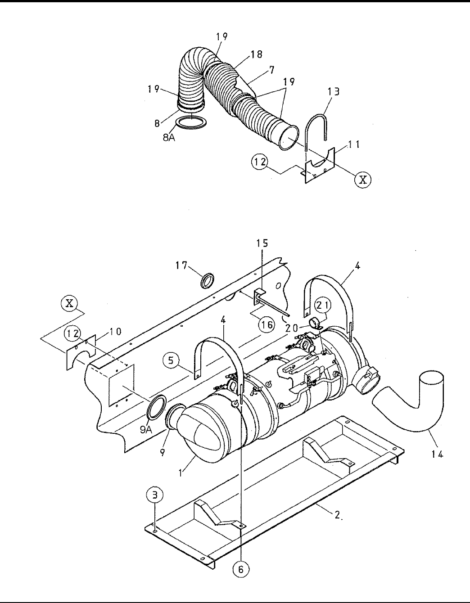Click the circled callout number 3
click(x=155, y=495)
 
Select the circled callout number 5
click(x=171, y=360)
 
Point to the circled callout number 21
click(x=323, y=306)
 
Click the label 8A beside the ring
click(x=169, y=137)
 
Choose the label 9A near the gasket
click(x=146, y=430)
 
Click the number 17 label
click(x=181, y=265)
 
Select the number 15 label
click(x=262, y=243)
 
